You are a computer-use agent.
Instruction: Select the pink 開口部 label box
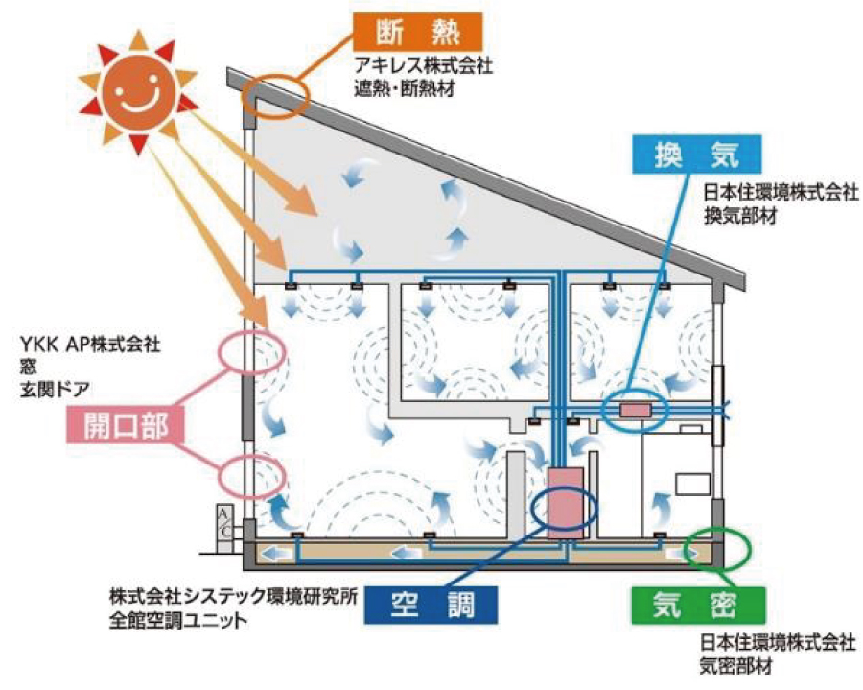pos(125,426)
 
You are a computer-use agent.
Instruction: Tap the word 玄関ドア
pos(48,389)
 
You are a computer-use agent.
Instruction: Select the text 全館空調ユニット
pos(178,619)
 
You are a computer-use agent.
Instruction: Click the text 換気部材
pos(739,214)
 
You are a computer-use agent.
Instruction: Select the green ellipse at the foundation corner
pos(723,549)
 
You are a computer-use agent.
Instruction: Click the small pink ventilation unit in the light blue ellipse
pos(635,411)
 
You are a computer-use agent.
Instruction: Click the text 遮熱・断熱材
pos(402,91)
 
